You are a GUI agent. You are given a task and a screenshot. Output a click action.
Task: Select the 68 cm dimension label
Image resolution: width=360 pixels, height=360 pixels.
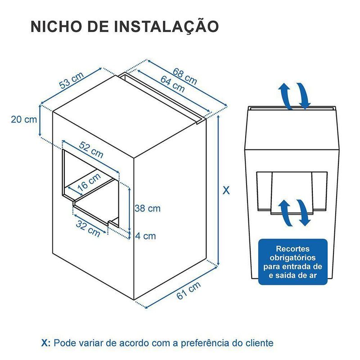(x=185, y=76)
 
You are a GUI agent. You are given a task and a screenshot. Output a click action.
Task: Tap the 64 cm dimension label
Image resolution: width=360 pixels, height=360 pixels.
(x=172, y=84)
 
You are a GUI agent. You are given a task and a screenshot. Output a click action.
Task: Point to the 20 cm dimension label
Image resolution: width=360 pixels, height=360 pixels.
(x=24, y=119)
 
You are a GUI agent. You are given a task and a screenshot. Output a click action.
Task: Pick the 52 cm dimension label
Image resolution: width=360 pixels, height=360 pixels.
(x=91, y=150)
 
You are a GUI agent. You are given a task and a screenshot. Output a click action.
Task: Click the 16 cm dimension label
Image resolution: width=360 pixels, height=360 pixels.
(x=89, y=182)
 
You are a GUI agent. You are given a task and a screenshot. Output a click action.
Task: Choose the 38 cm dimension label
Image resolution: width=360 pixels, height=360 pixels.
(x=148, y=208)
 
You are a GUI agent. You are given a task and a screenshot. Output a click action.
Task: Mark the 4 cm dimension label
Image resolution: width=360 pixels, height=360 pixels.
(x=145, y=236)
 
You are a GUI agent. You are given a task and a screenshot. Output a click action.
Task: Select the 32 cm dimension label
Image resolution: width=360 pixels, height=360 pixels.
(x=88, y=229)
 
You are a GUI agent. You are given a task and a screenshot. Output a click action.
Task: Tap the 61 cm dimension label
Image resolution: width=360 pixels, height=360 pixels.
(x=189, y=290)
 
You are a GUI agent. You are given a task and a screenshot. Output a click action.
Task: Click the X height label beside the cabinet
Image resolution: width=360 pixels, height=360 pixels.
(x=226, y=190)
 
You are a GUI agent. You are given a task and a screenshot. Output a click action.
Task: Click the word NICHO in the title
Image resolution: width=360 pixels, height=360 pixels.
(x=56, y=27)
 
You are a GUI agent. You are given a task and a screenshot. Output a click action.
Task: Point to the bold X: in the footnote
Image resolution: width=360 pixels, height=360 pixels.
(x=46, y=343)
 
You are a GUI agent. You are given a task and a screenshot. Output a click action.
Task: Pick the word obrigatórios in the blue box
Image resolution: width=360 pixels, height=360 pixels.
(x=293, y=257)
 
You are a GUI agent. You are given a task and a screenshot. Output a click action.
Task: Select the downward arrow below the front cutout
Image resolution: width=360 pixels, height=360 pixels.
(x=303, y=212)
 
